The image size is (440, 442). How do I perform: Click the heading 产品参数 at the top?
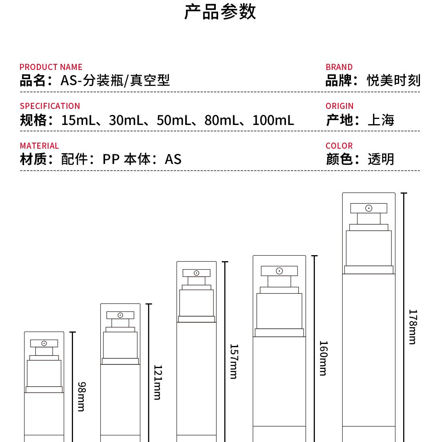coord(220,12)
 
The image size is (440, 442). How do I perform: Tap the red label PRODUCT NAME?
coord(51,67)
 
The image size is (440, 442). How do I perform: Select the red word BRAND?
coord(339,67)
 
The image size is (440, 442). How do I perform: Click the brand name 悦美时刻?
coord(393,80)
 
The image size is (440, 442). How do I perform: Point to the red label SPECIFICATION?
coord(50,106)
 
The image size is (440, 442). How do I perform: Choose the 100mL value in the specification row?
coord(273,120)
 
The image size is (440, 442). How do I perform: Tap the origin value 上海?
coord(381,120)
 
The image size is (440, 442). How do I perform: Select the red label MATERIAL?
coord(39,145)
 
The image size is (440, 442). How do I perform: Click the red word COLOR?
coord(339,145)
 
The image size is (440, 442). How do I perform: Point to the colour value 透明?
coord(381,159)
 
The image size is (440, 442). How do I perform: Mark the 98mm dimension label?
coord(81,396)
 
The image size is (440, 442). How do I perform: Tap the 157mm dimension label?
coord(233,361)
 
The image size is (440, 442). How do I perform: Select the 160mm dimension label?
coord(323,358)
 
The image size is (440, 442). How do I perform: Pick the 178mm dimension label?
coord(413,327)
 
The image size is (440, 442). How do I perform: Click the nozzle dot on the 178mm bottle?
coord(369,208)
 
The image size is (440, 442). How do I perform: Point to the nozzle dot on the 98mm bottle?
coord(44,343)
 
